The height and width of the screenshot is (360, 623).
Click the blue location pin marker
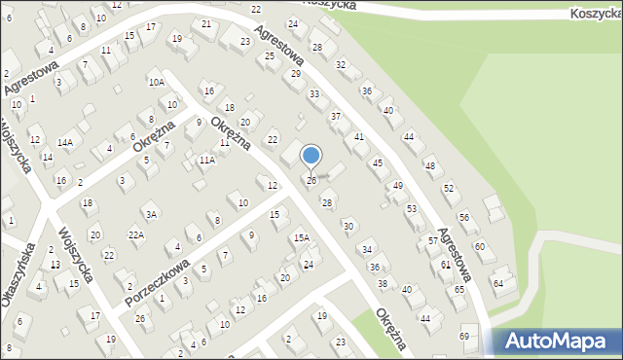(311, 157)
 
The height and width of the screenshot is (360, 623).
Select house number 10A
(156, 83)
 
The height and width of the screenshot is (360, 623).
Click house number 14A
(65, 142)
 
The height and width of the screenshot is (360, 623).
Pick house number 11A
(206, 159)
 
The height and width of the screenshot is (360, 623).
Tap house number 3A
(150, 214)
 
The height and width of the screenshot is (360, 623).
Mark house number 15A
(302, 237)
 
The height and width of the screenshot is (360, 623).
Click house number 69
(464, 336)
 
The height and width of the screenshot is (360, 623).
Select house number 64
(498, 283)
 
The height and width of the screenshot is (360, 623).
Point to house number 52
(448, 187)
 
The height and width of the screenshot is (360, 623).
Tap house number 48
(429, 165)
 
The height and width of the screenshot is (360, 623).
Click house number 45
(378, 162)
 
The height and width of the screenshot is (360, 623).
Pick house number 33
(313, 93)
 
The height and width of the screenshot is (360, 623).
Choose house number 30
(348, 226)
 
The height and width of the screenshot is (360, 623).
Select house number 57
(432, 239)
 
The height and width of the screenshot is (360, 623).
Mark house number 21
(205, 23)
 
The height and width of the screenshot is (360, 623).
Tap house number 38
(383, 283)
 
